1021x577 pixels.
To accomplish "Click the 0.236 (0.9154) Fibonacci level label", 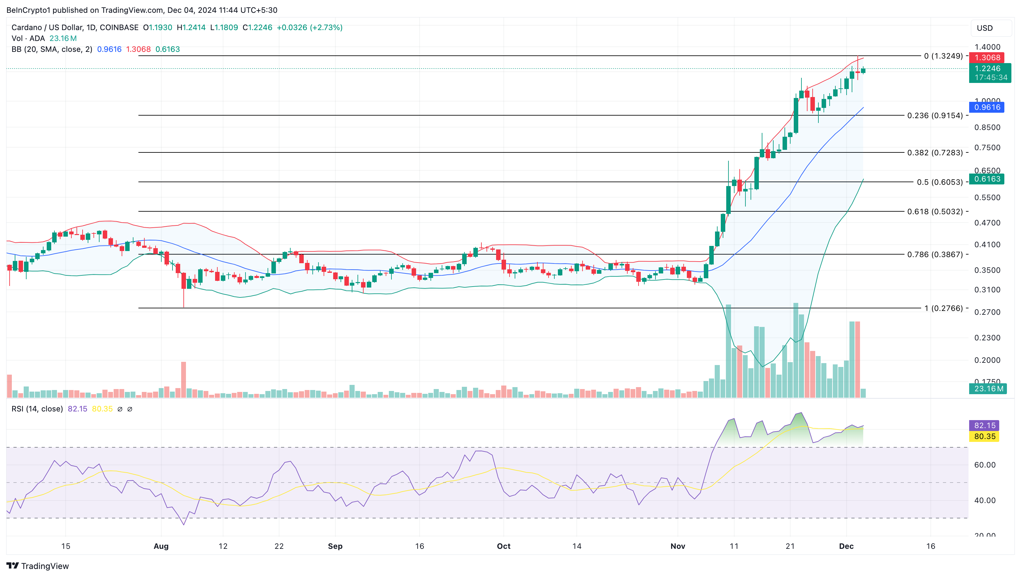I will (935, 115).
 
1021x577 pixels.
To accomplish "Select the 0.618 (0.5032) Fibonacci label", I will (935, 211).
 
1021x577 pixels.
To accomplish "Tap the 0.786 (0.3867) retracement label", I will (935, 254).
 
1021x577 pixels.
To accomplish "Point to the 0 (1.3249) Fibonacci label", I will (943, 56).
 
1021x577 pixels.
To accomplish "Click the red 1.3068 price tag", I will (987, 58).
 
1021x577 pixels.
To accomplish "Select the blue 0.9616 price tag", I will (987, 107).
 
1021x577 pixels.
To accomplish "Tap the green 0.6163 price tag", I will (987, 179).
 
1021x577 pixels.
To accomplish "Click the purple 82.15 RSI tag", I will (985, 425).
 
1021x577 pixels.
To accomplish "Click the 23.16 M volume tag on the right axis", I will (988, 389).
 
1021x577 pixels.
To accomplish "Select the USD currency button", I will (985, 28).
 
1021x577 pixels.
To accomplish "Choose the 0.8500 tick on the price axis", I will (987, 127).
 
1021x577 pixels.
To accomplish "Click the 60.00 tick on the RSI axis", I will (985, 465).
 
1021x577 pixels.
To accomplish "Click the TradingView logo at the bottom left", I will (38, 566).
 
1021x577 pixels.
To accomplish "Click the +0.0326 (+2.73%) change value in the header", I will (310, 27).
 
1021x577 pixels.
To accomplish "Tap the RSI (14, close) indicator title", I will (37, 409).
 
